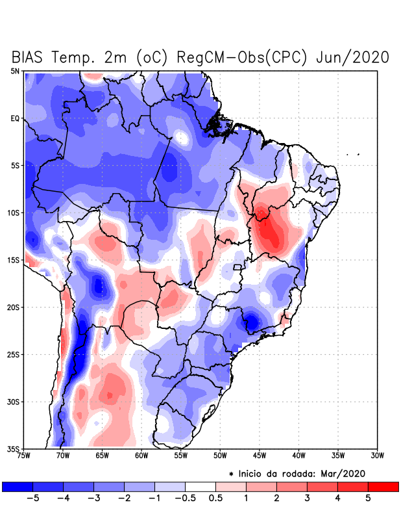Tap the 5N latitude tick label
click(15, 71)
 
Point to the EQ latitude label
click(15, 118)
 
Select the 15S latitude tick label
click(14, 260)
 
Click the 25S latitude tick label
click(14, 354)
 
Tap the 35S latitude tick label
click(14, 448)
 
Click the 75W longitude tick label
click(23, 456)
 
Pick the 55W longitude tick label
click(181, 456)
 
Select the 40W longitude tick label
click(299, 456)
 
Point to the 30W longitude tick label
click(378, 456)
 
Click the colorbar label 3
click(307, 499)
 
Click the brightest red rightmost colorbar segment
click(383, 486)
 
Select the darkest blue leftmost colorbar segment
click(18, 486)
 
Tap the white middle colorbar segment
click(200, 486)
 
